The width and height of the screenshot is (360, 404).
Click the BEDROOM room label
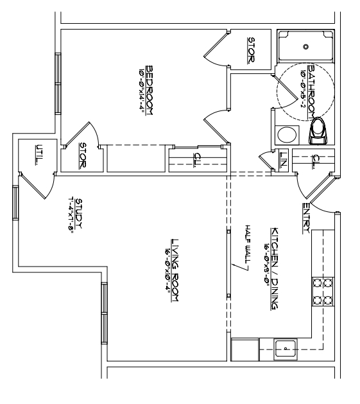pyautogui.click(x=150, y=90)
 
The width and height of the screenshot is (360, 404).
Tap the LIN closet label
pyautogui.click(x=283, y=158)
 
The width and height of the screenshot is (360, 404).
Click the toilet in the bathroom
pyautogui.click(x=318, y=131)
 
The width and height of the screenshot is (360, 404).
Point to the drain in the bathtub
pyautogui.click(x=306, y=46)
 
